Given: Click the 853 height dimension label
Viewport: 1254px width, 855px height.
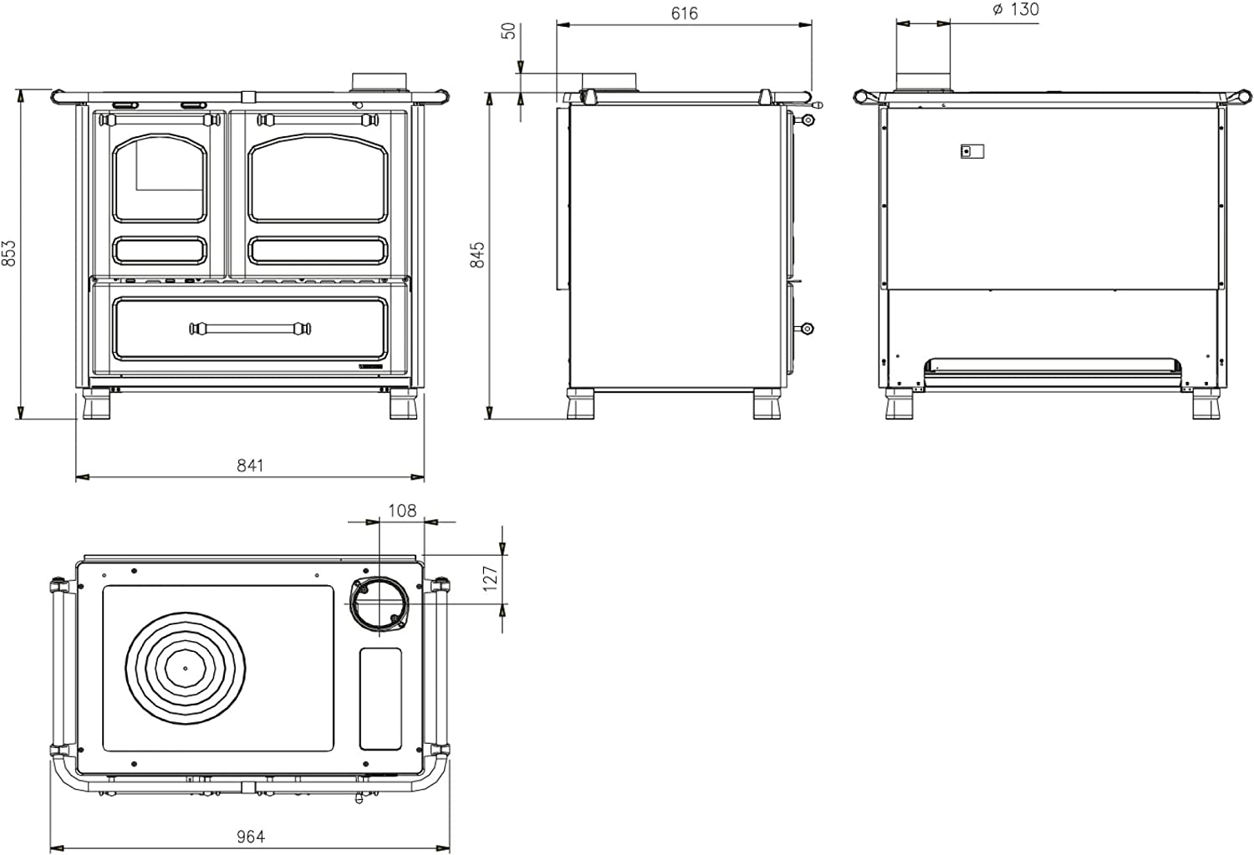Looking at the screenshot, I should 9,253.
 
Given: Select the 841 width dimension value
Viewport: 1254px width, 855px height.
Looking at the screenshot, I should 249,466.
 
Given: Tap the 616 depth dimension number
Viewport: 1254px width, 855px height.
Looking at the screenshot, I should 684,13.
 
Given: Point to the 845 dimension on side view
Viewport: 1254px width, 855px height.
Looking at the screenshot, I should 477,255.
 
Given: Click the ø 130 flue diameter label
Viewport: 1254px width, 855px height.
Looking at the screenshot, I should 1015,10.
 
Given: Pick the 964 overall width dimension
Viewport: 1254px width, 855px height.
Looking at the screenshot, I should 250,836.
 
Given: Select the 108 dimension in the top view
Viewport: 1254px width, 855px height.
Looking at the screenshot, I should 402,510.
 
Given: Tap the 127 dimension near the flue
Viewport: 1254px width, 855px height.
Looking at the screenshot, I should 491,578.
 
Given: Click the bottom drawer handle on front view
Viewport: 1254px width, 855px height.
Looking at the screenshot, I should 250,328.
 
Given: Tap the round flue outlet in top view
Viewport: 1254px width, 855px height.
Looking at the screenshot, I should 380,603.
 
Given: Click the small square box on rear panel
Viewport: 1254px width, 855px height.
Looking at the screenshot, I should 971,151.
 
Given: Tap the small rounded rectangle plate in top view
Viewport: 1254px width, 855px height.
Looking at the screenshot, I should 380,699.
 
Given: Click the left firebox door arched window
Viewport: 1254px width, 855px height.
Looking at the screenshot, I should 159,180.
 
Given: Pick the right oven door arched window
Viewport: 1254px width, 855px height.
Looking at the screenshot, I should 318,180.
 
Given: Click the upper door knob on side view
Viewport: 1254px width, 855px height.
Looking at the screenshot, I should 807,120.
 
